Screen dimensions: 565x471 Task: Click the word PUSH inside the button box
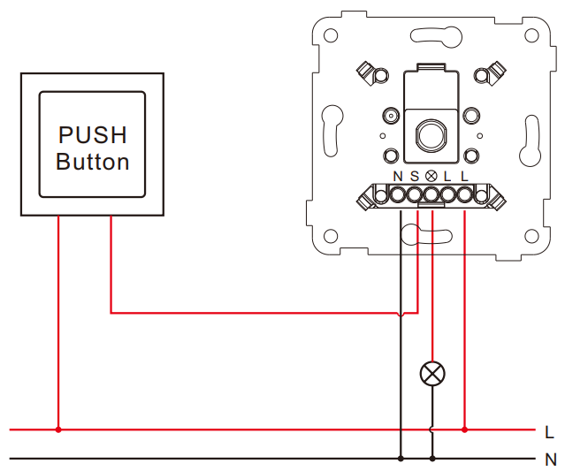click(x=92, y=135)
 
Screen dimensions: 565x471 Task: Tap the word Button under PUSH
click(x=92, y=162)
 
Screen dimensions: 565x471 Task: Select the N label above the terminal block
click(x=398, y=177)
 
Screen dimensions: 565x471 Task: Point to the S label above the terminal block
click(x=415, y=177)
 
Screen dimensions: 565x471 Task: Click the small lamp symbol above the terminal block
click(x=431, y=176)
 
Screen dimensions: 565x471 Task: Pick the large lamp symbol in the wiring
click(x=432, y=374)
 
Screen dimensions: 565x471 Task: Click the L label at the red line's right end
click(x=549, y=432)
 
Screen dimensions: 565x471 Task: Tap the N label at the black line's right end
click(x=551, y=460)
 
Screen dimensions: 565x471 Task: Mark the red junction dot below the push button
click(x=58, y=429)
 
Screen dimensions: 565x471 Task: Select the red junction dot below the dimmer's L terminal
click(x=464, y=429)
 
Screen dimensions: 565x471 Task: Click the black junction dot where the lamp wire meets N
click(x=432, y=459)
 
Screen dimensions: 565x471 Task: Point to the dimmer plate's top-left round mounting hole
click(x=331, y=35)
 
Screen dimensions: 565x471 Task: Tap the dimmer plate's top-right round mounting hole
click(x=531, y=35)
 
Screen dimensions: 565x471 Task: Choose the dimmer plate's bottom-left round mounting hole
click(x=331, y=237)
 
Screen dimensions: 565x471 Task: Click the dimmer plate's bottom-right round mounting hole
click(x=531, y=237)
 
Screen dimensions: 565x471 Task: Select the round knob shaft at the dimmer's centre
click(x=431, y=135)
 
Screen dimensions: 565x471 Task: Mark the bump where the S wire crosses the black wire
click(x=401, y=314)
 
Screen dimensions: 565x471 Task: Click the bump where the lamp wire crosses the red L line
click(x=432, y=429)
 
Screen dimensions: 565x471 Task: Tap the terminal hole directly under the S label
click(x=415, y=195)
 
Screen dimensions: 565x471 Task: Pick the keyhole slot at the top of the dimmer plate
click(x=436, y=36)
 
